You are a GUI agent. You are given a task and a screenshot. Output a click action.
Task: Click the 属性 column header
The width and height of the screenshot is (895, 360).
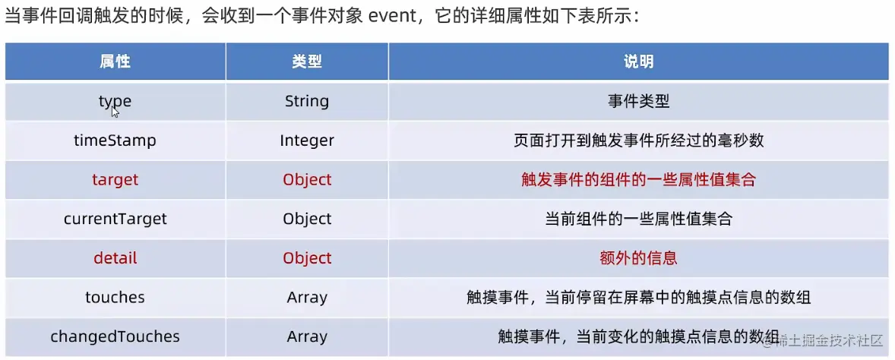(115, 62)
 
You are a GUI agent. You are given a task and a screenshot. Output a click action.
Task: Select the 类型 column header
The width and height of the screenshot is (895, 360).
(307, 62)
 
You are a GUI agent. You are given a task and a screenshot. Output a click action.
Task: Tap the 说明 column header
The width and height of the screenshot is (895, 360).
(638, 62)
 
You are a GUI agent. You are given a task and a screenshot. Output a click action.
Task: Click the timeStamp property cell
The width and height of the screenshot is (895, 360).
(115, 141)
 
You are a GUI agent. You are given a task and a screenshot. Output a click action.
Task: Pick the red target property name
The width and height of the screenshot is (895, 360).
(115, 180)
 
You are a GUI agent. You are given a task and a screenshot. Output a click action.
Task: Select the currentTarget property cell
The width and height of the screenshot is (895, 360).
(115, 219)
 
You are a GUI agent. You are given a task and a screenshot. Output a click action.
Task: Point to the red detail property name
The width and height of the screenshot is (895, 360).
(115, 258)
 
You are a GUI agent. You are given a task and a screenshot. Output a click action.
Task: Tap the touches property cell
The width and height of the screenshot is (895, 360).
(115, 298)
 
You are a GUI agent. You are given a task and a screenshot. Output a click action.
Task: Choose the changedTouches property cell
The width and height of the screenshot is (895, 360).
(115, 336)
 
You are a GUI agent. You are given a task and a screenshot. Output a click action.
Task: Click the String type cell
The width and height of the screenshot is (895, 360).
(307, 101)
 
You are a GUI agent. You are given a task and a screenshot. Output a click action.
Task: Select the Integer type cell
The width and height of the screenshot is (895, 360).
(307, 141)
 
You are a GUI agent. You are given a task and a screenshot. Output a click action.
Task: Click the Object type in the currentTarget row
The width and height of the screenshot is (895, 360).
(307, 219)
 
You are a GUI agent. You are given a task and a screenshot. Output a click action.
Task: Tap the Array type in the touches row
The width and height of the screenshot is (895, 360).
(307, 298)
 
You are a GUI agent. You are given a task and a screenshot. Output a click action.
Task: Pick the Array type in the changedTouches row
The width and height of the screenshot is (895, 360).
(307, 336)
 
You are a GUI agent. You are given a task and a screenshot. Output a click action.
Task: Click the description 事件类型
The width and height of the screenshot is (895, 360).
(638, 101)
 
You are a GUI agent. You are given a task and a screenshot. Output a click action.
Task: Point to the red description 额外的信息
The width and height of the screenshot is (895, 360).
(638, 258)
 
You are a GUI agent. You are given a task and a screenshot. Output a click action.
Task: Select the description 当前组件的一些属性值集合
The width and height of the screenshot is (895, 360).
(638, 219)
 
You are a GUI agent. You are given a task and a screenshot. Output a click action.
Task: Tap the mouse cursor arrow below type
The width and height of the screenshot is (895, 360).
(115, 112)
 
